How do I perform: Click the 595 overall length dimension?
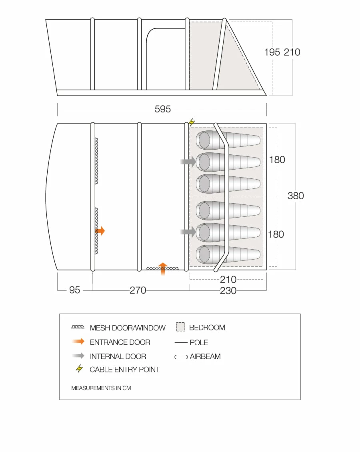click(x=162, y=109)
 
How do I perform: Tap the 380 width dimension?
click(x=296, y=196)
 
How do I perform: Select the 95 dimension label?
click(x=75, y=290)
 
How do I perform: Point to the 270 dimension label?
click(x=138, y=290)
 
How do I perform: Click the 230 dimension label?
click(x=228, y=290)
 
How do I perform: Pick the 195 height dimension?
click(x=272, y=52)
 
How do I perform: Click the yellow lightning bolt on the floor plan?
click(x=192, y=122)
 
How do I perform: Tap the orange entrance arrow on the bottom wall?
click(x=163, y=269)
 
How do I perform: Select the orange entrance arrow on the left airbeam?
click(x=100, y=231)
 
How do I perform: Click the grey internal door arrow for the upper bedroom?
click(x=188, y=162)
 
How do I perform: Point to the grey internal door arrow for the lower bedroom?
click(x=188, y=232)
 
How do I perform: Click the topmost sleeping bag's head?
click(x=204, y=140)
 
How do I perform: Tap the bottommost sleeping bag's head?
click(x=204, y=254)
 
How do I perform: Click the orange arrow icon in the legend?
click(x=78, y=342)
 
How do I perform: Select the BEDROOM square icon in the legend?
click(x=180, y=327)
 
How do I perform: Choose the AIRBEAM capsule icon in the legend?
click(x=181, y=357)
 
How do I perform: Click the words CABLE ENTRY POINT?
click(x=124, y=370)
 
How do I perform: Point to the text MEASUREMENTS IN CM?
click(x=101, y=388)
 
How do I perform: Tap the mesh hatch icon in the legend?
click(x=78, y=327)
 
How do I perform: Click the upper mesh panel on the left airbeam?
click(x=96, y=161)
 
